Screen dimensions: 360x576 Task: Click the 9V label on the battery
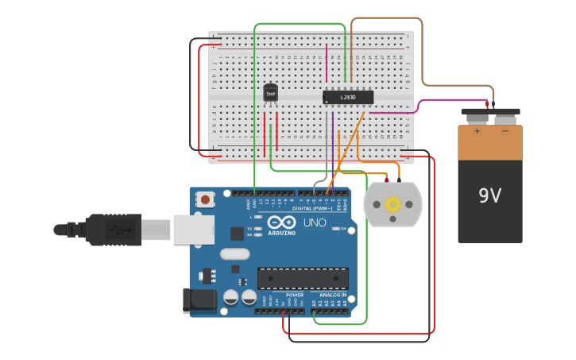489,195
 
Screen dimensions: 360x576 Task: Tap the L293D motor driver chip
348,98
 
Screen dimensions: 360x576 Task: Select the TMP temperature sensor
271,94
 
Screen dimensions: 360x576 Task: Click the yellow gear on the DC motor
392,204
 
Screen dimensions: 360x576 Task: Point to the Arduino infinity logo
282,223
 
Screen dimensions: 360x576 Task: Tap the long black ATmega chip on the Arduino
303,278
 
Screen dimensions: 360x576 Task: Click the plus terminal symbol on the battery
477,131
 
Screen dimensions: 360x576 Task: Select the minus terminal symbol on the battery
505,131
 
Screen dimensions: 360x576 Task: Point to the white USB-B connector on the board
193,230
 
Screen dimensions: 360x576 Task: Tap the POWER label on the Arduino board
294,295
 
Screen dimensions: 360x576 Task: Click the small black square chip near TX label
237,233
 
